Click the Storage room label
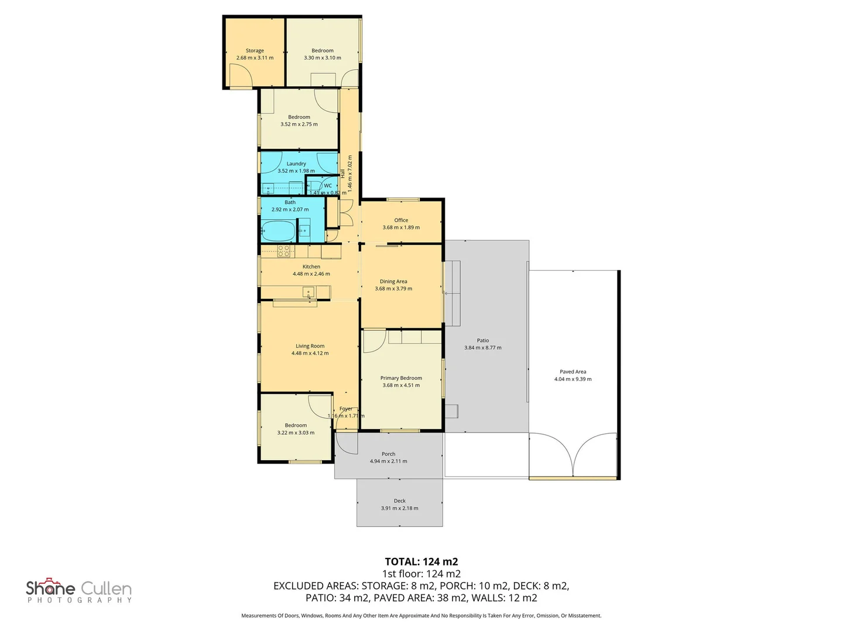pos(255,51)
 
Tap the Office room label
pos(401,220)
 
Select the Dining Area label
pos(393,281)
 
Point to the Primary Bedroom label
pos(401,378)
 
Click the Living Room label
pos(310,346)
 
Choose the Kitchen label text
pos(311,267)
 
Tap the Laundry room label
pos(296,164)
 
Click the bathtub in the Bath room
pos(278,231)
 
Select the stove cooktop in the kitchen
pos(284,251)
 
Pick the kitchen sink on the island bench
pos(309,292)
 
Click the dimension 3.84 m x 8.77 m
pos(483,348)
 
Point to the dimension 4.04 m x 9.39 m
pos(573,379)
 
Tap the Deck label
pos(400,501)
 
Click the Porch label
pos(389,454)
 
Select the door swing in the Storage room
pos(241,76)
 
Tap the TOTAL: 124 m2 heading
pos(421,561)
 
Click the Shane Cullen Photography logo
pos(79,590)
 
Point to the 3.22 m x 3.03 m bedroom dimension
pos(296,433)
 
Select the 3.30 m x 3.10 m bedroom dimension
pos(323,58)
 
